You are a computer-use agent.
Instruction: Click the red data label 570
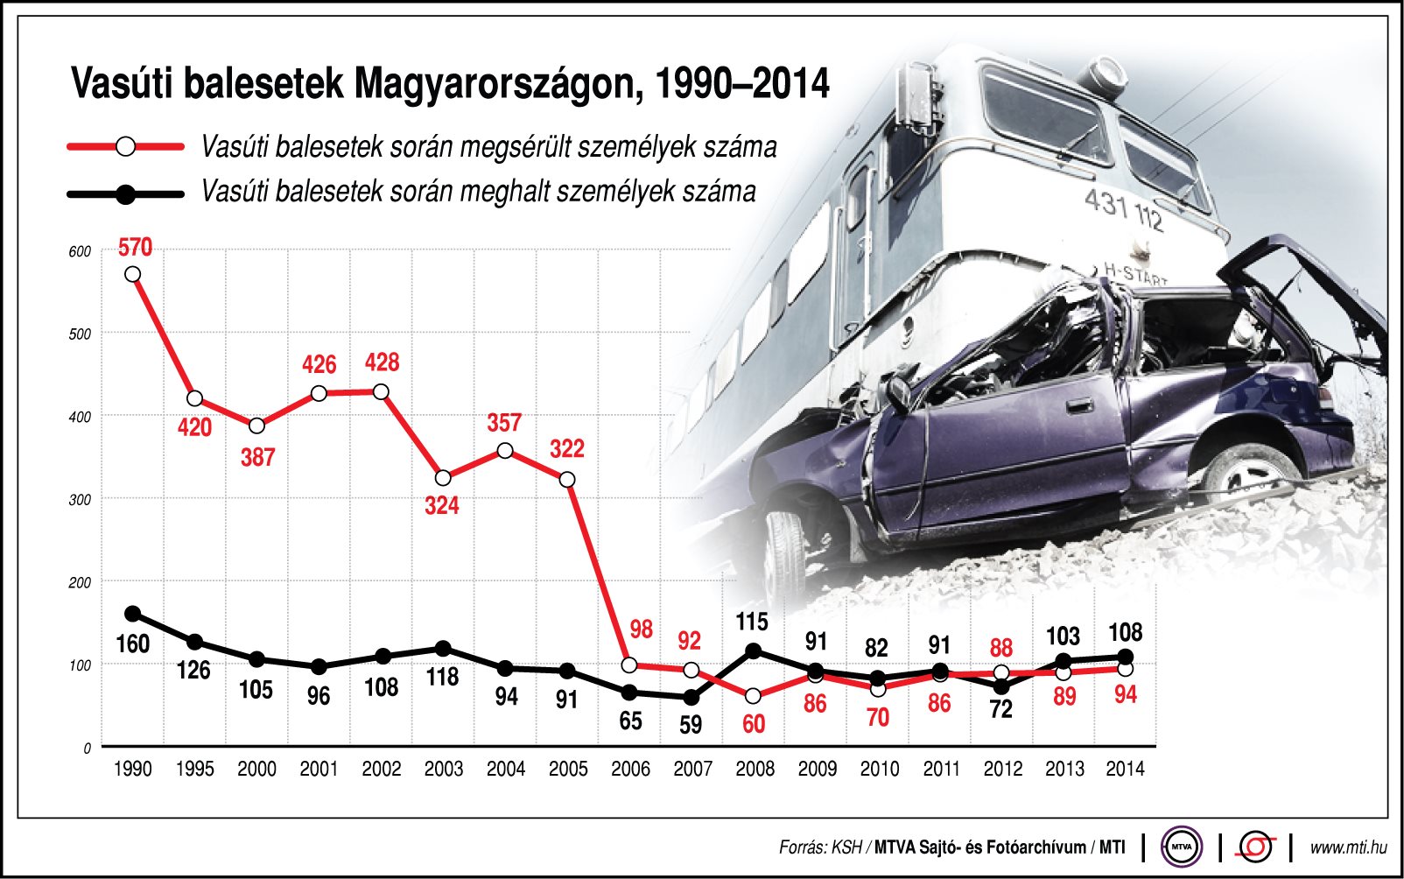coord(135,248)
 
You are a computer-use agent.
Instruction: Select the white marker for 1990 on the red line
coord(132,274)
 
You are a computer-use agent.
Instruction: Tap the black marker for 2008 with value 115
coord(753,650)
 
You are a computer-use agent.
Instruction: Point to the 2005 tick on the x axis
coord(567,769)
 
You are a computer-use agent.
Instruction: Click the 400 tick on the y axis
coord(80,418)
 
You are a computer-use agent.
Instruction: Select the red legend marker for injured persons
coord(125,146)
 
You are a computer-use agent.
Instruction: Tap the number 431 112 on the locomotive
coord(1124,210)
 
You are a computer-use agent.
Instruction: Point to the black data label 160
coord(132,644)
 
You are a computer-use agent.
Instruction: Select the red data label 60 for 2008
coord(754,724)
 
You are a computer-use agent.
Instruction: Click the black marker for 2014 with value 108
coord(1126,657)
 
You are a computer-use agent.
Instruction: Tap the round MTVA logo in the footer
coord(1182,847)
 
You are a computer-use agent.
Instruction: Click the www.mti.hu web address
coord(1348,847)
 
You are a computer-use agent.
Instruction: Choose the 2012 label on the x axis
coord(1002,769)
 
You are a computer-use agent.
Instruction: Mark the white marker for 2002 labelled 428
coord(381,391)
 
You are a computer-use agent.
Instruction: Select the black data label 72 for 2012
coord(1000,709)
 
